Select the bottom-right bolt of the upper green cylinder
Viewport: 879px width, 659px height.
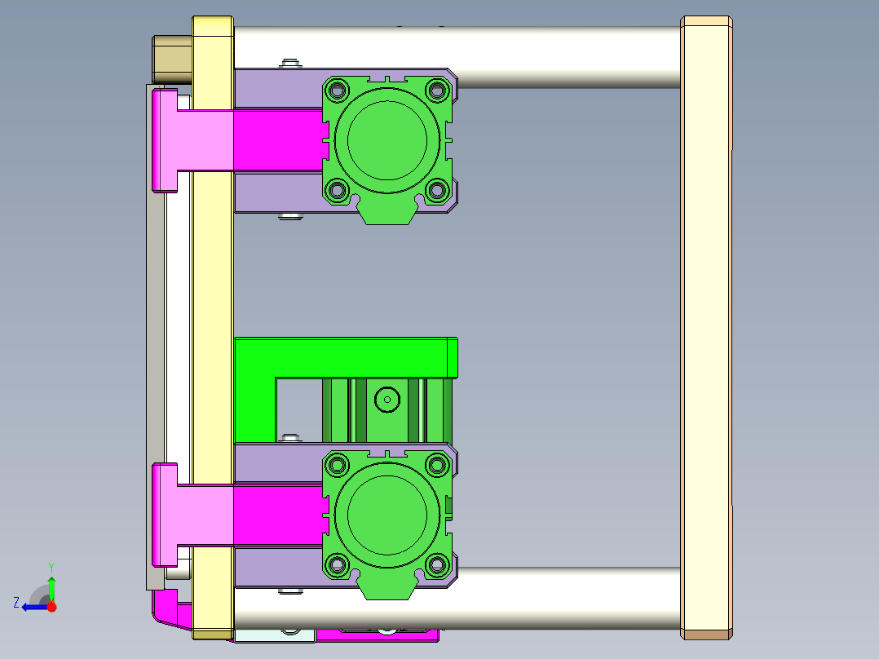pos(437,190)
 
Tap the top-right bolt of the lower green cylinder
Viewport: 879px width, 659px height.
pos(437,465)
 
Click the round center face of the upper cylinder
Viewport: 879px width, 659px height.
pos(386,139)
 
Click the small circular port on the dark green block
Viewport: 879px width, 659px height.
pos(386,400)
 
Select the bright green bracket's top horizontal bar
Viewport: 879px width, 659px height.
pos(342,357)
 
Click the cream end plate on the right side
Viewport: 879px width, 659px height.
pos(706,326)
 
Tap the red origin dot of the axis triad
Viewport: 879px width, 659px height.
pos(51,607)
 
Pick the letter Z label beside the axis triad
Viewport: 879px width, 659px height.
pos(16,603)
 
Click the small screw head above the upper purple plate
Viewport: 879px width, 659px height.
pos(289,63)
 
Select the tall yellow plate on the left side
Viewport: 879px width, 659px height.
pos(213,326)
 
